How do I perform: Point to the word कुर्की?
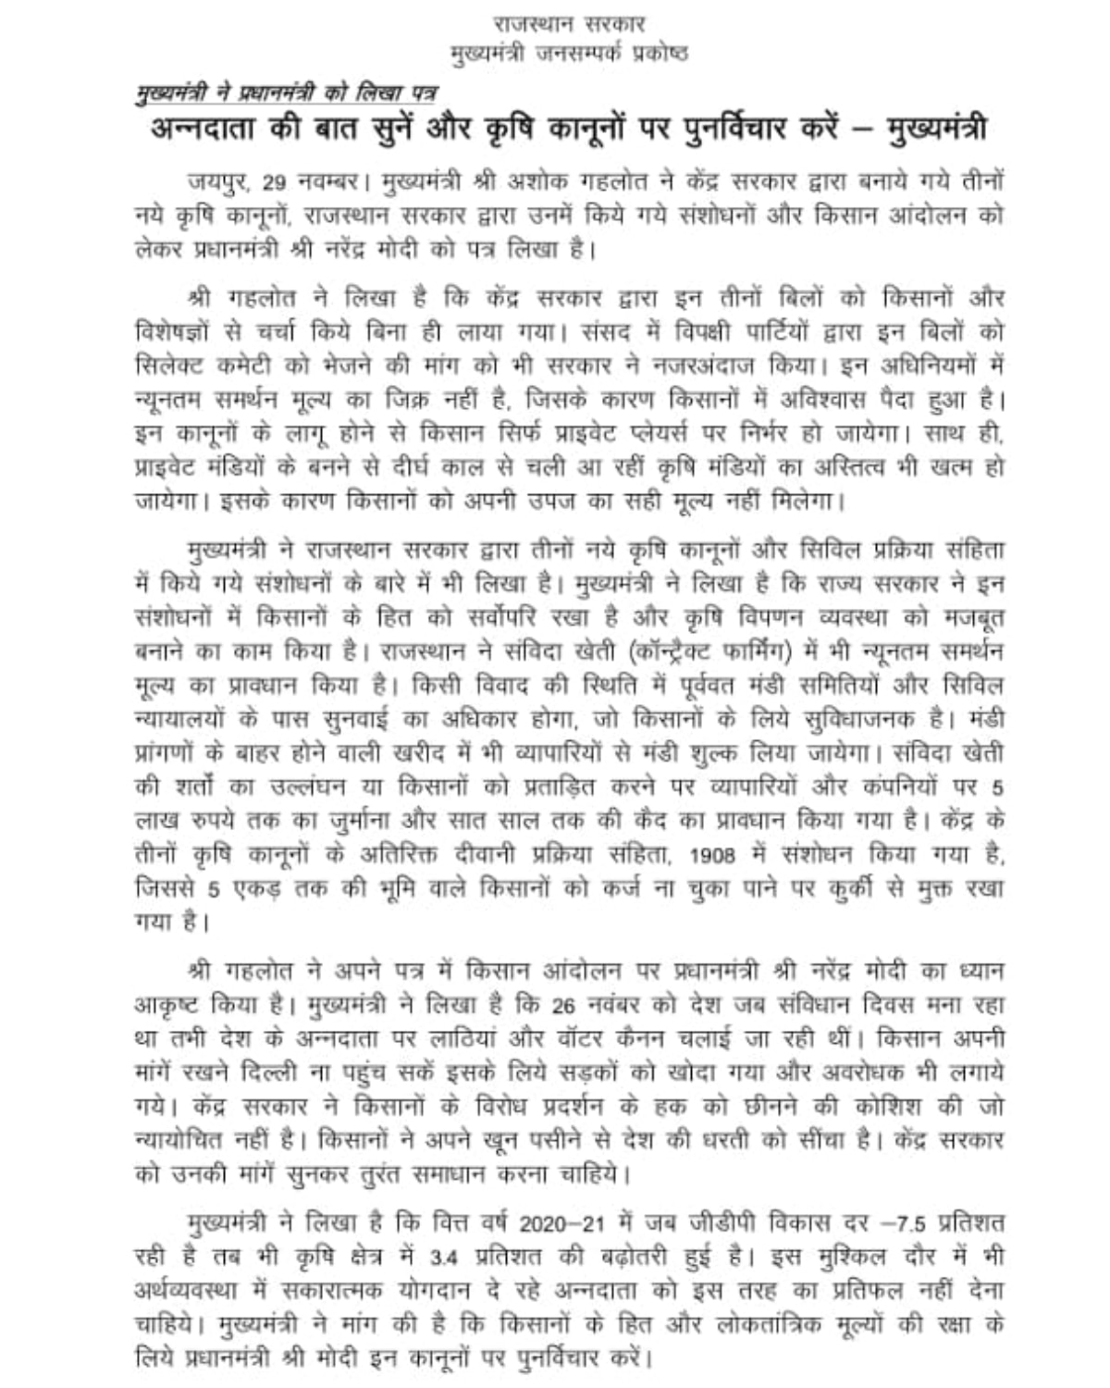pos(858,889)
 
